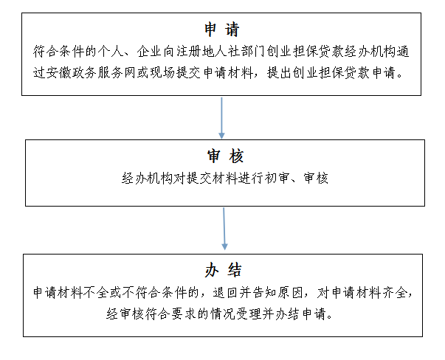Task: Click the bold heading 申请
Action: tap(221, 30)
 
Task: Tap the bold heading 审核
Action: tap(225, 156)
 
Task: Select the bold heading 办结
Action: tap(223, 270)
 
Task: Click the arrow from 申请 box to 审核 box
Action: tap(221, 118)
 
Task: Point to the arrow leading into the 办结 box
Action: tap(224, 229)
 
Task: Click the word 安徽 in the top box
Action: tap(59, 73)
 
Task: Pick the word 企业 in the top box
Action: tap(150, 52)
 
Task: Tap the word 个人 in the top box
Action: tap(111, 52)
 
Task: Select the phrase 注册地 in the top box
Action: tap(196, 52)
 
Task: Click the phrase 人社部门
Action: tap(240, 52)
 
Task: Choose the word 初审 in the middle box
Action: tap(277, 179)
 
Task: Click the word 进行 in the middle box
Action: tap(251, 179)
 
